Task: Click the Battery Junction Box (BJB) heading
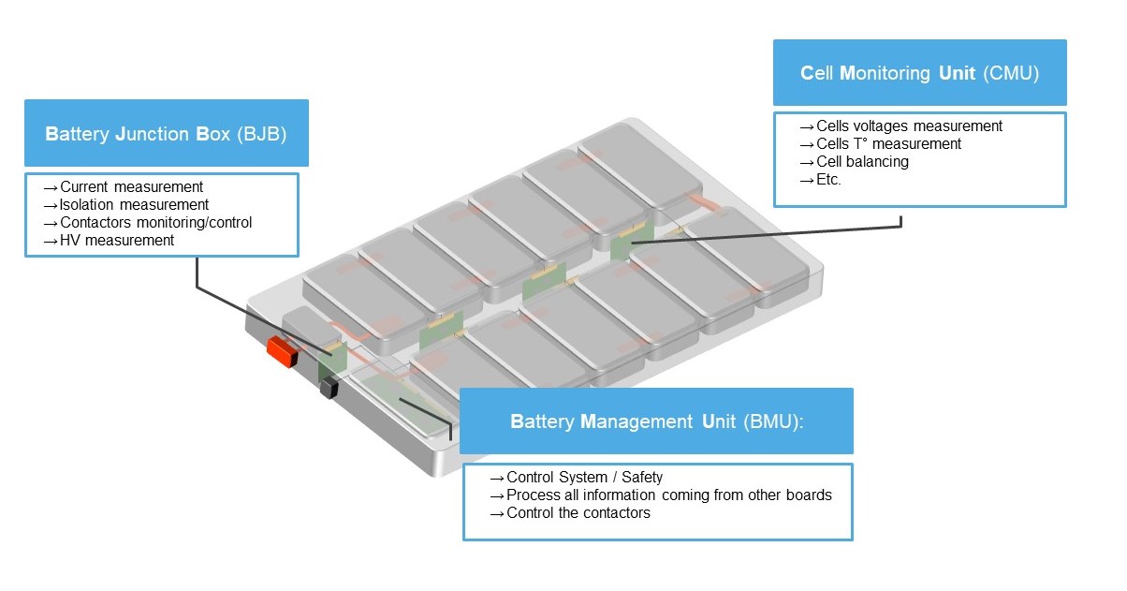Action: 166,134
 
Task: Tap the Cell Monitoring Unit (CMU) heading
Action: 919,73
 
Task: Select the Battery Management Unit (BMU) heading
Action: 656,421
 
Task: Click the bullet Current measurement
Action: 131,187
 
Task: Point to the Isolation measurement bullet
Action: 134,205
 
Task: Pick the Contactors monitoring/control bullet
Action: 155,223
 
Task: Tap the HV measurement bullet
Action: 117,241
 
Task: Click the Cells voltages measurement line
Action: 909,126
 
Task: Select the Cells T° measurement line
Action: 888,144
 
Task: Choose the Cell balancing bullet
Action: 862,162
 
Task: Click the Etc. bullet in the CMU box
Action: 828,180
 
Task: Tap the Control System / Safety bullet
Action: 584,478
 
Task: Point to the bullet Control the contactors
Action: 578,513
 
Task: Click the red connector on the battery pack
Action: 281,352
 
